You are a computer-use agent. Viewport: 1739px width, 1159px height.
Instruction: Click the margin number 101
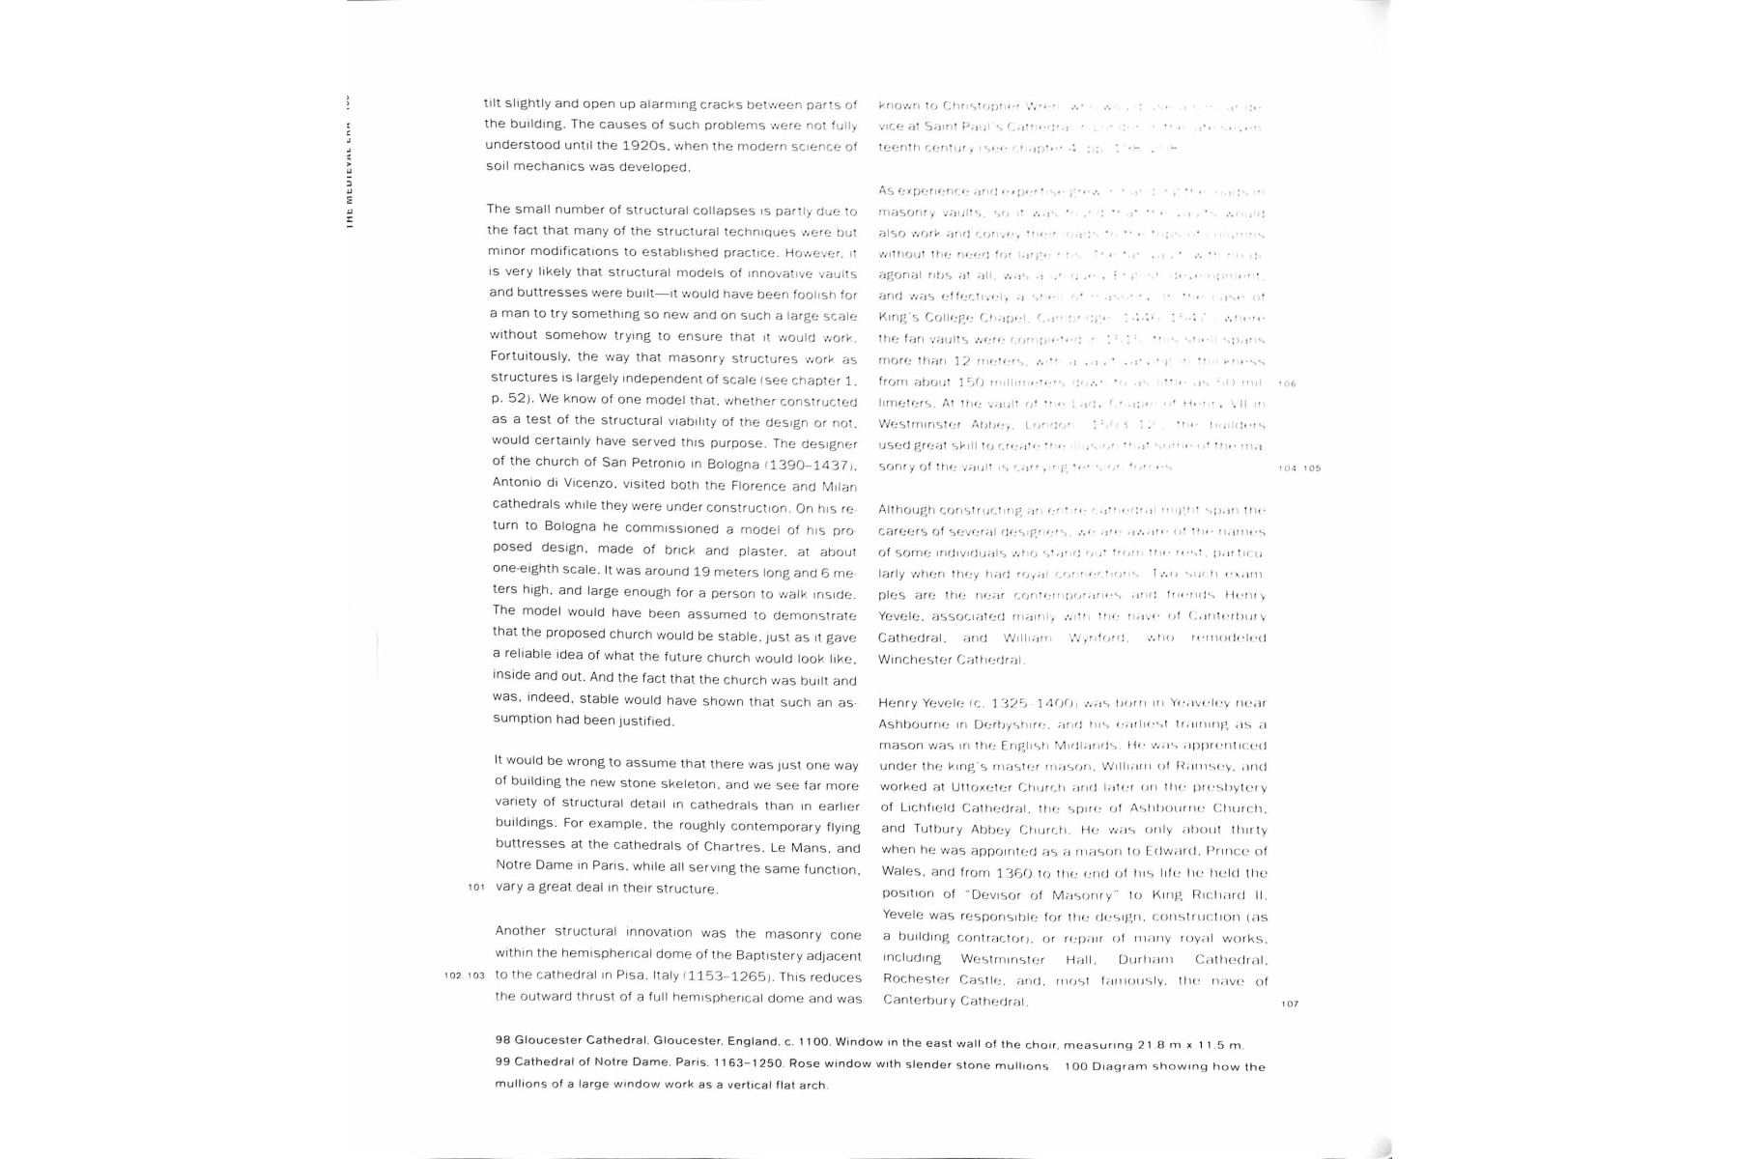475,888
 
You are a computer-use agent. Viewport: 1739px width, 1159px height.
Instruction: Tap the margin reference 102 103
465,975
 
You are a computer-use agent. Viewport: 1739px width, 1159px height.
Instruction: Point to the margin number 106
1287,383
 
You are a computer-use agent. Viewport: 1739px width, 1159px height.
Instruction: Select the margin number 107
1290,1004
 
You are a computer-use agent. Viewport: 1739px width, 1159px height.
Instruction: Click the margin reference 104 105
1299,468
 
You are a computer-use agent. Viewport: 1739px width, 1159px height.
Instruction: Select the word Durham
1145,959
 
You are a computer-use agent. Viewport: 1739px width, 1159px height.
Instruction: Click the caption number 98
502,1040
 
